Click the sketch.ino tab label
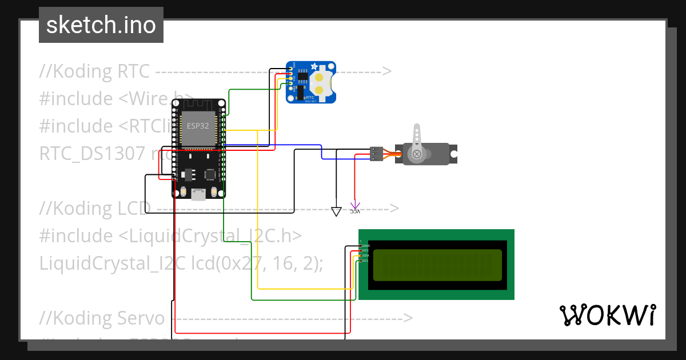click(x=101, y=25)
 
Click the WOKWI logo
click(x=607, y=315)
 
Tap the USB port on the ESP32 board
click(x=198, y=194)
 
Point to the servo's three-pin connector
click(x=376, y=154)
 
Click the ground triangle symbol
click(x=336, y=211)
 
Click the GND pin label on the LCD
click(x=366, y=245)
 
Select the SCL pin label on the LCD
click(x=366, y=261)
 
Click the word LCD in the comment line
click(x=134, y=209)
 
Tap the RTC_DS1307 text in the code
click(x=88, y=154)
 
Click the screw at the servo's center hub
click(x=417, y=154)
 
